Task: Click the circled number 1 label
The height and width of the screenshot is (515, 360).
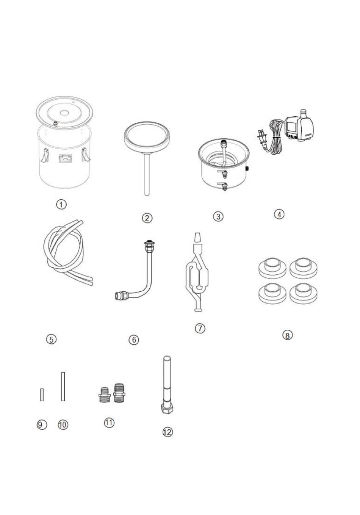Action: click(61, 204)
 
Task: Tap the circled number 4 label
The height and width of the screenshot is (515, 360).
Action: click(279, 214)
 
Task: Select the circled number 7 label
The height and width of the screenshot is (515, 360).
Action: click(200, 328)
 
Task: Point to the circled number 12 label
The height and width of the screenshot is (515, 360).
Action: click(167, 432)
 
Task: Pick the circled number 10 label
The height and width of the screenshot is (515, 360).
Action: click(63, 425)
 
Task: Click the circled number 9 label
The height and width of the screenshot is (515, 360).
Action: click(42, 425)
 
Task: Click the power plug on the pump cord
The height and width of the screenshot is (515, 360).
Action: click(263, 138)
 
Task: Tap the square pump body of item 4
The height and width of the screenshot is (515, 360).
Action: click(297, 127)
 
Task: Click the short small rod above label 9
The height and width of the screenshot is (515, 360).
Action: click(42, 394)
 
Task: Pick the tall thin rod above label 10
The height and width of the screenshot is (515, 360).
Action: click(63, 386)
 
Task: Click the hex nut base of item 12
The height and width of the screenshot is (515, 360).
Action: click(167, 409)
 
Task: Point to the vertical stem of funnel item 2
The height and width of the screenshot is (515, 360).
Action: click(147, 174)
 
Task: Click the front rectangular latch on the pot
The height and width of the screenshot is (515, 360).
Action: click(65, 159)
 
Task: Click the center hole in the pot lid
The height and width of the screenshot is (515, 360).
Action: click(64, 112)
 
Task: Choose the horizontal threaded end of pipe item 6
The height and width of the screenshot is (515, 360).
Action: click(121, 294)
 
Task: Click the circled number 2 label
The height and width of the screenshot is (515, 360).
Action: click(147, 218)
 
